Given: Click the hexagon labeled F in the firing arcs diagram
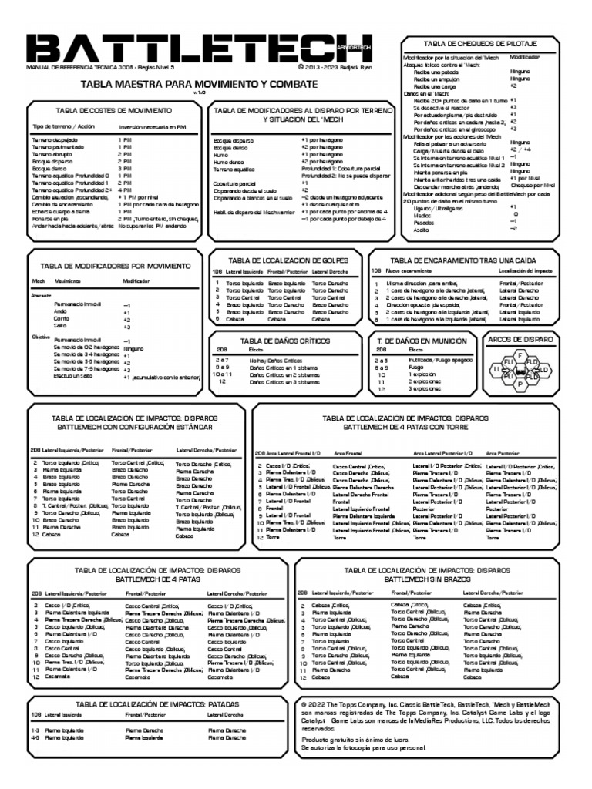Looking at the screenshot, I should point(521,354).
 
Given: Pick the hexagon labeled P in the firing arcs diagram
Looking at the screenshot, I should point(520,382).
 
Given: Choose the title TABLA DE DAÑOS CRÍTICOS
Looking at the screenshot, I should point(285,340).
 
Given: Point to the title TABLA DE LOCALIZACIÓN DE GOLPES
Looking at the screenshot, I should point(285,260).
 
